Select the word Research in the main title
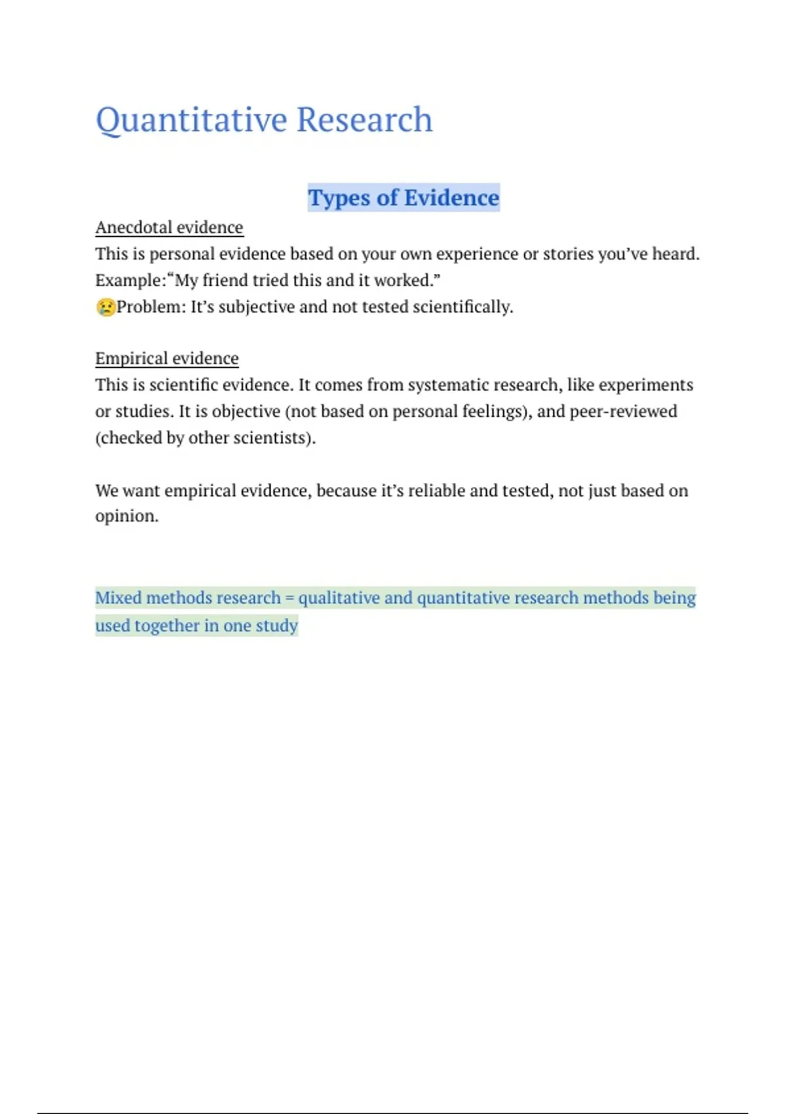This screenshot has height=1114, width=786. (364, 121)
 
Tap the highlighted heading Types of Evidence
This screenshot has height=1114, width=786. (403, 198)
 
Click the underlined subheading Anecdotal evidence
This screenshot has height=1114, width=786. (169, 227)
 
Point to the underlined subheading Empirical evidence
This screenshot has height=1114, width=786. (167, 358)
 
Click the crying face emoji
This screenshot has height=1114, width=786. (105, 307)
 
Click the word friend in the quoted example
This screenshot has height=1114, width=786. (225, 280)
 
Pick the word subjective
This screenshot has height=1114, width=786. (256, 307)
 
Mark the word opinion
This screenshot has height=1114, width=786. (126, 516)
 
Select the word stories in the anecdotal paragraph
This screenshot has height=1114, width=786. (567, 254)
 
